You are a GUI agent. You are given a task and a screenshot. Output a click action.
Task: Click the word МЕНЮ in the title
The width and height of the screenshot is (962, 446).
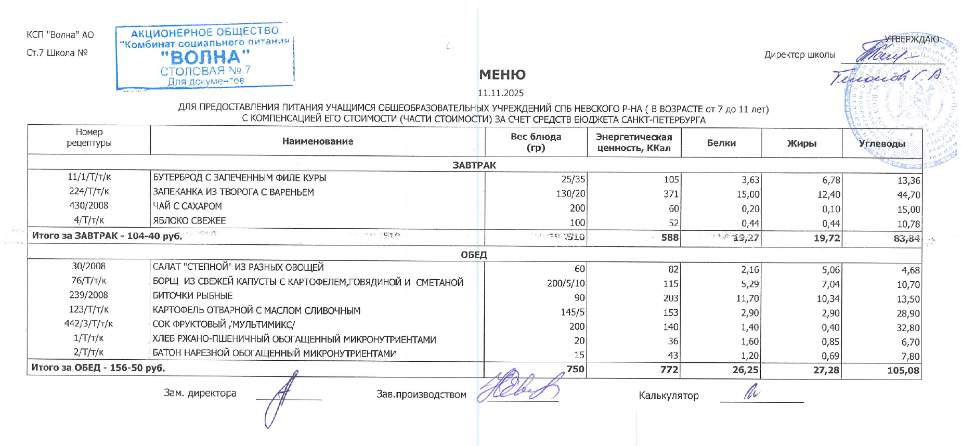point(502,75)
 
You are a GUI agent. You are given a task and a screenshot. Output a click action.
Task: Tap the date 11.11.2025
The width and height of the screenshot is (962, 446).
point(501,93)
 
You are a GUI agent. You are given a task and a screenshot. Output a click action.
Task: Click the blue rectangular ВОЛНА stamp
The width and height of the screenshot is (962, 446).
point(205,56)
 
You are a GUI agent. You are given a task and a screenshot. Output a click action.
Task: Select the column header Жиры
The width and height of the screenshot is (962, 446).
point(801,143)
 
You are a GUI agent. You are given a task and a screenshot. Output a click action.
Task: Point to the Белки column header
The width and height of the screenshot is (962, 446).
point(721,143)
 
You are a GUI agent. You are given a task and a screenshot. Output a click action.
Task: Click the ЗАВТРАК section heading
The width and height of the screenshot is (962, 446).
point(474,165)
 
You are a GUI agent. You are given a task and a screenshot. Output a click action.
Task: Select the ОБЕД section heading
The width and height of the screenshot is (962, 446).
point(474,255)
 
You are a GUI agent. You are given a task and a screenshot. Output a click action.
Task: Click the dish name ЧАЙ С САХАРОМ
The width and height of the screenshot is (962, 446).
point(187,206)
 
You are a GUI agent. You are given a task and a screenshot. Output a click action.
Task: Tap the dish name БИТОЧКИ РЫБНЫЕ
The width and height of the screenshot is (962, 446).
point(192,296)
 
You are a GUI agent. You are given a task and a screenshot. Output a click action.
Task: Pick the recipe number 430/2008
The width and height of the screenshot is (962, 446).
point(89,205)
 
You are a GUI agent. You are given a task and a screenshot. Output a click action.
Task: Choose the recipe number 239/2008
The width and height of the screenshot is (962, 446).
point(89,295)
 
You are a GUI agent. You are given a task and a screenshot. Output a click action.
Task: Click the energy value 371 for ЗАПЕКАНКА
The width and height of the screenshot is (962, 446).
point(671,194)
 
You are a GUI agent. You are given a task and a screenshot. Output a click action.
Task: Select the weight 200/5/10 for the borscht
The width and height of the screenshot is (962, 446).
point(566,284)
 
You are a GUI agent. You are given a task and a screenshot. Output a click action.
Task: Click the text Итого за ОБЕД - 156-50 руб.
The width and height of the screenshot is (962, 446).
point(98,368)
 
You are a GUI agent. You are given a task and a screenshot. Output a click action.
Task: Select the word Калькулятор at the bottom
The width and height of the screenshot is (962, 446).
point(668,396)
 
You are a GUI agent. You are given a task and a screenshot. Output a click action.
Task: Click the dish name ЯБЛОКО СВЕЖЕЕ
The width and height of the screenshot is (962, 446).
point(189,220)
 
